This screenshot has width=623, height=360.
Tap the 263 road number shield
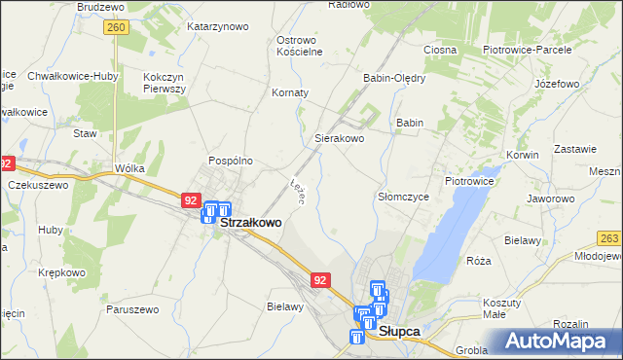609,238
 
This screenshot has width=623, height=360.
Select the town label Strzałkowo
252,222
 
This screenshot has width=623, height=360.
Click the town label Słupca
399,331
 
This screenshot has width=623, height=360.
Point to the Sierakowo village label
339,139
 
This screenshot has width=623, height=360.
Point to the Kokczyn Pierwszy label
165,83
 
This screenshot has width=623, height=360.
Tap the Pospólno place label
231,160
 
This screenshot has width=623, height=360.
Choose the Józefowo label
557,84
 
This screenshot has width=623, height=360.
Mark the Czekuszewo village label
38,184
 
